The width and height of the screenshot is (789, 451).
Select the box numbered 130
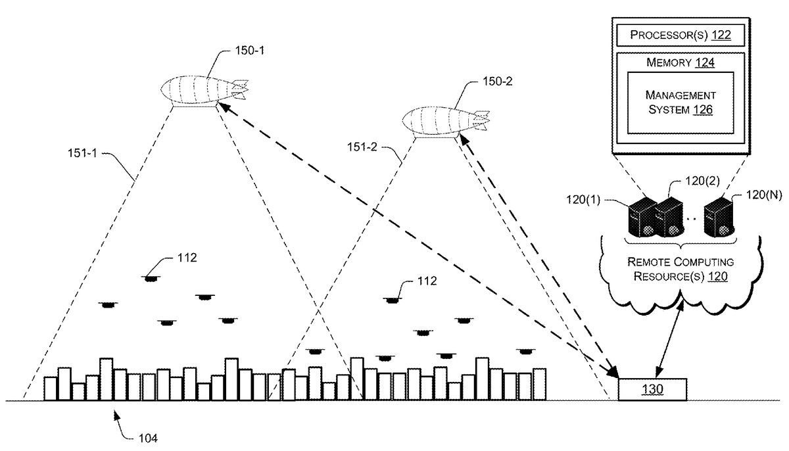(652, 389)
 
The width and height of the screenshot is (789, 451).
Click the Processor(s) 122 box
(681, 35)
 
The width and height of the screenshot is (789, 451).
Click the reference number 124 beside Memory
(704, 63)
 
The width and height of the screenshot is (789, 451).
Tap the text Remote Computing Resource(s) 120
(680, 269)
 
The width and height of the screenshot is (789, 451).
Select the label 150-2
(496, 81)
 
